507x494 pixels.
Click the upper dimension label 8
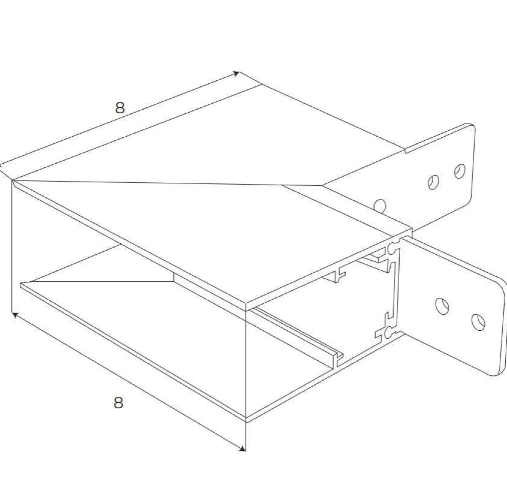120,108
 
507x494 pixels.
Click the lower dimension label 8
118,402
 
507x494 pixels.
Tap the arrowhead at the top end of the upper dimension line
236,74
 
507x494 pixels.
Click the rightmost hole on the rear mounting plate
460,171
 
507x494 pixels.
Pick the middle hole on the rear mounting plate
434,182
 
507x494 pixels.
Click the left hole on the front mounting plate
442,306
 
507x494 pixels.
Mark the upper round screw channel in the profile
392,248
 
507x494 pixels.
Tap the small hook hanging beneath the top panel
340,274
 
